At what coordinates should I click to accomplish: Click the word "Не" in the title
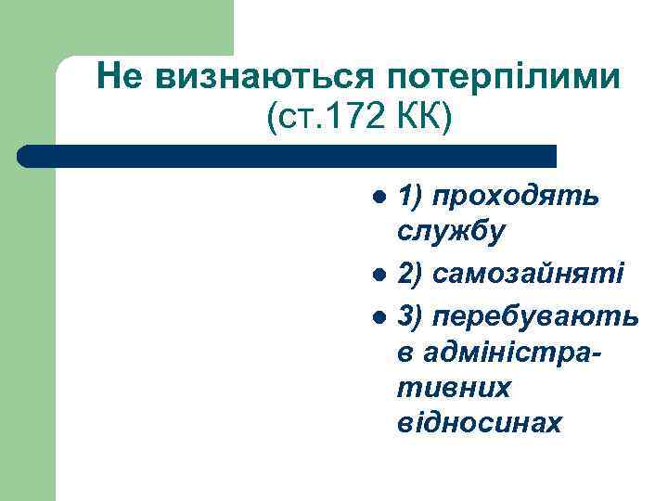[x=121, y=74]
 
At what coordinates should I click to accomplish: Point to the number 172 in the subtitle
[x=357, y=118]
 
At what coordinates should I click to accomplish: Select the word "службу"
[x=451, y=231]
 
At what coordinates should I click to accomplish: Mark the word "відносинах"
[x=479, y=422]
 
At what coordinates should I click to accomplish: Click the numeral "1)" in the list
[x=407, y=197]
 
